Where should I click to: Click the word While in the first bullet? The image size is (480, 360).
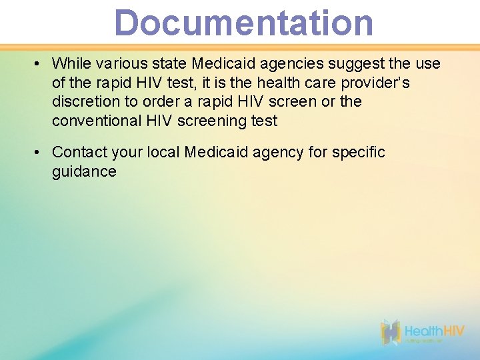[72, 63]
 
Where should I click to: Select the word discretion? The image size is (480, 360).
[85, 101]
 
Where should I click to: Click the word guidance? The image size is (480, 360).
[84, 171]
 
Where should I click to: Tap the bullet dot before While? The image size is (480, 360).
[39, 64]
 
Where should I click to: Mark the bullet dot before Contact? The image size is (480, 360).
[39, 153]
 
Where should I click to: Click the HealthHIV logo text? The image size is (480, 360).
[435, 331]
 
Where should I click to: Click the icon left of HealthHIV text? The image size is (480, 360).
[391, 332]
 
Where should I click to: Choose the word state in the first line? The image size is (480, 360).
[170, 63]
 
